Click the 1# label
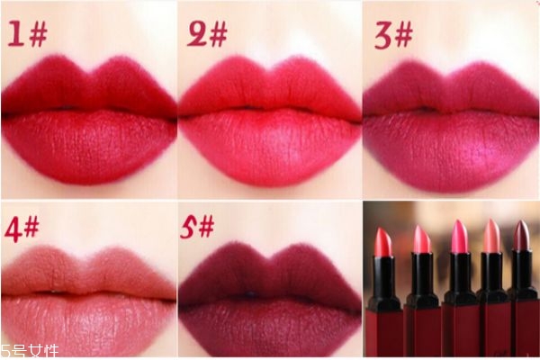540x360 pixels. [x=28, y=33]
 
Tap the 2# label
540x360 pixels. [x=207, y=33]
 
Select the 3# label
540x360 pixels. [x=393, y=35]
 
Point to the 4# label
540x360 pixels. [x=22, y=229]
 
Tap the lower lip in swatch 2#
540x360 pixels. [x=268, y=148]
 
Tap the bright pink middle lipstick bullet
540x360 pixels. [x=460, y=237]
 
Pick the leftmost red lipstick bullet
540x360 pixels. [x=383, y=242]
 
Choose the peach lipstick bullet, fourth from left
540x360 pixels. [x=491, y=236]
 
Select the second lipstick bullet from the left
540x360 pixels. [x=422, y=239]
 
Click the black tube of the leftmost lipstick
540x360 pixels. [x=383, y=283]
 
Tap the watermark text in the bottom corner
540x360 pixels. [x=30, y=351]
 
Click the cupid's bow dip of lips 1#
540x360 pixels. [x=90, y=73]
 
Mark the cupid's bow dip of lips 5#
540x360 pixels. [x=269, y=259]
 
